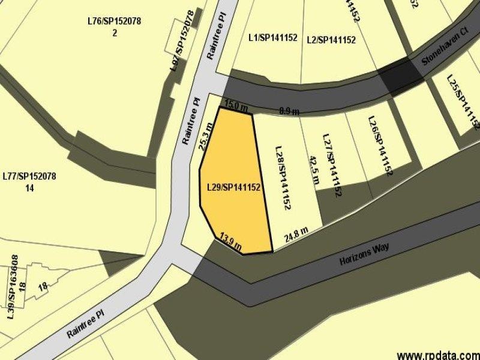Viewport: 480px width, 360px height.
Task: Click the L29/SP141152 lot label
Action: [x=233, y=188]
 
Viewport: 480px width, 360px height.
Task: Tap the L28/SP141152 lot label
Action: [x=283, y=177]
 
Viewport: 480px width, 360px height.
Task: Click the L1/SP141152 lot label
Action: [x=273, y=37]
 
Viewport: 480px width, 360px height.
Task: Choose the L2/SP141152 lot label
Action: [x=331, y=40]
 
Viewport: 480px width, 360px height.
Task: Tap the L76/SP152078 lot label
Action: [x=114, y=22]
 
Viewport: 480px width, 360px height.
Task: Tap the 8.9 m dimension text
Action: [x=289, y=110]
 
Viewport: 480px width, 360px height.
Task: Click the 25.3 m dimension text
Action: [x=206, y=137]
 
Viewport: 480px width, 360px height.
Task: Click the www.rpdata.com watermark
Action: [x=438, y=354]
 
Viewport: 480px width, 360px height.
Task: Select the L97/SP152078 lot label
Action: [x=183, y=40]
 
